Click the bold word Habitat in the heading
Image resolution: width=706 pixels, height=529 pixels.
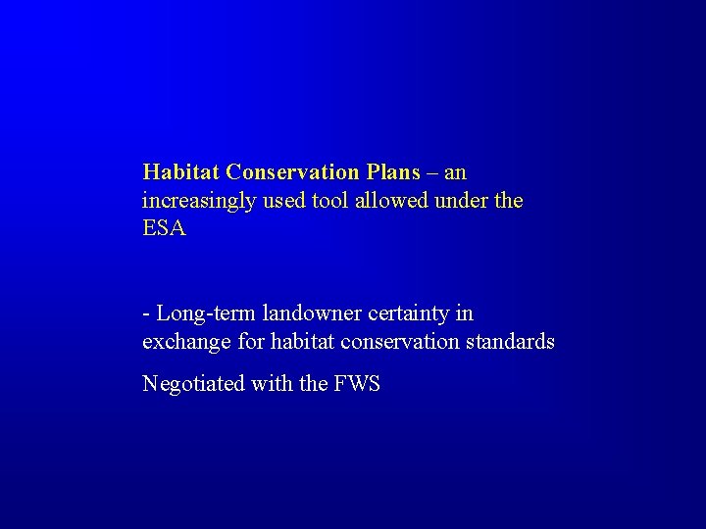click(x=181, y=172)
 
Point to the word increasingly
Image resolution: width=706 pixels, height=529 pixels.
click(x=197, y=202)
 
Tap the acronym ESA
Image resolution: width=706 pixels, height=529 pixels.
click(x=164, y=230)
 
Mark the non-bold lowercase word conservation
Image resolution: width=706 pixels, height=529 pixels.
click(x=397, y=343)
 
